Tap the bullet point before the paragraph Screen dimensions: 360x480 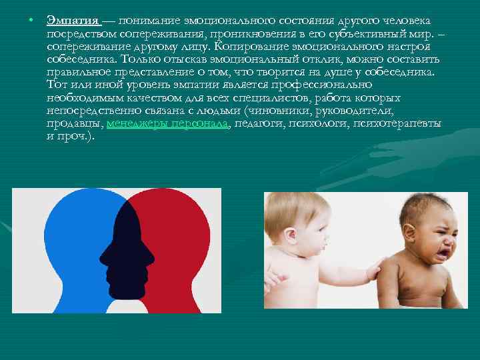[x=32, y=21]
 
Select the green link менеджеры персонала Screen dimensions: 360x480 [x=168, y=123]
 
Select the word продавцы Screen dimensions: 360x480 [x=75, y=123]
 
